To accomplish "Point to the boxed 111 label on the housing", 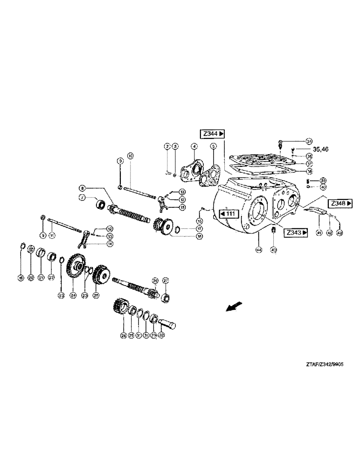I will (229, 214).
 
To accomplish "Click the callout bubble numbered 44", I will (258, 250).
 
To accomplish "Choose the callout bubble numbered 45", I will (274, 250).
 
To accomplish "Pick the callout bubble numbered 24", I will (73, 295).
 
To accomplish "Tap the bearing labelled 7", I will (99, 204).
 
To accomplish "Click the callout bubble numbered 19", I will (21, 278).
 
